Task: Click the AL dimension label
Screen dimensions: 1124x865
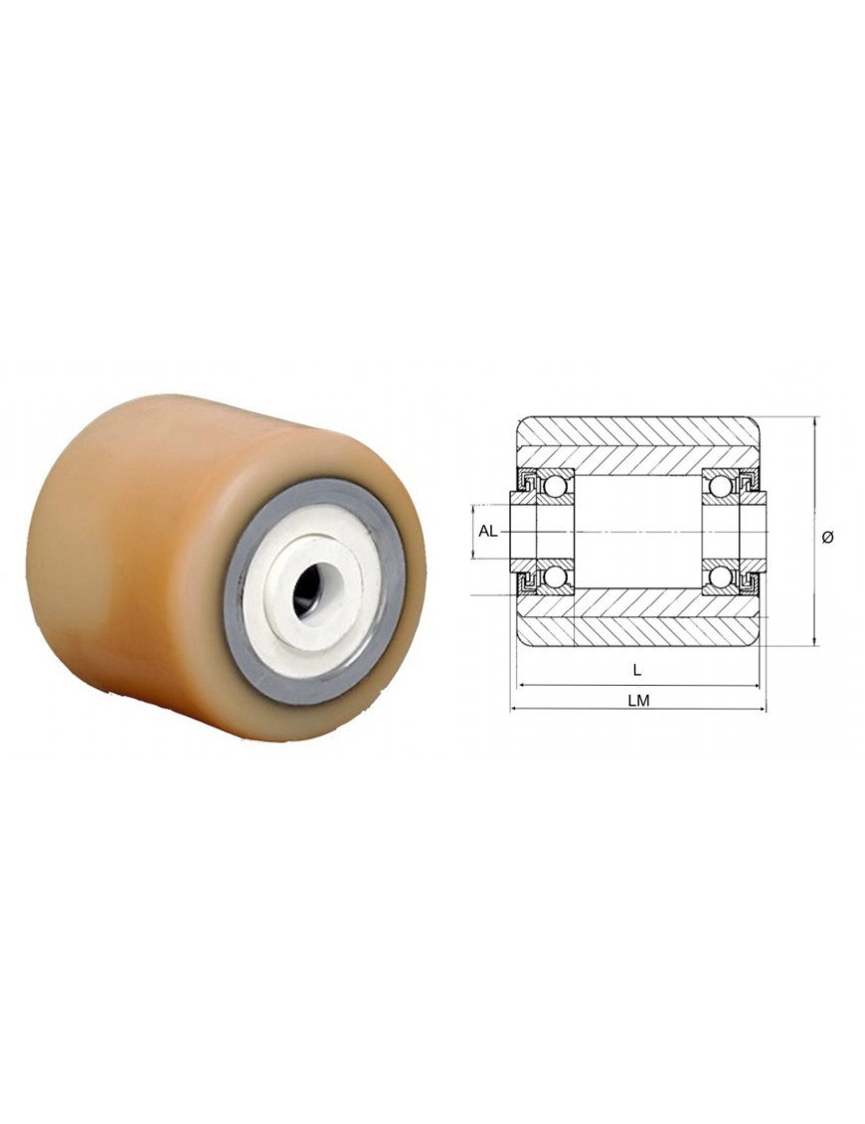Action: [x=487, y=531]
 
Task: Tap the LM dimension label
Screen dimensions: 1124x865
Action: [x=638, y=700]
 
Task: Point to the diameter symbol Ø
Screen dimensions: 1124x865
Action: [x=827, y=537]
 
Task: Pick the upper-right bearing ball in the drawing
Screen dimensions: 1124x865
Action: [x=719, y=485]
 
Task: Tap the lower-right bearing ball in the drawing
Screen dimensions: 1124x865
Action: [x=719, y=577]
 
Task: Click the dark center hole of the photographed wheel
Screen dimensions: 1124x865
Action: [x=310, y=590]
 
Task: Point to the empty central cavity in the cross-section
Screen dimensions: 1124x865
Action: [x=637, y=531]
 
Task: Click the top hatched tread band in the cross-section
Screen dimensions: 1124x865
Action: [x=637, y=434]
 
